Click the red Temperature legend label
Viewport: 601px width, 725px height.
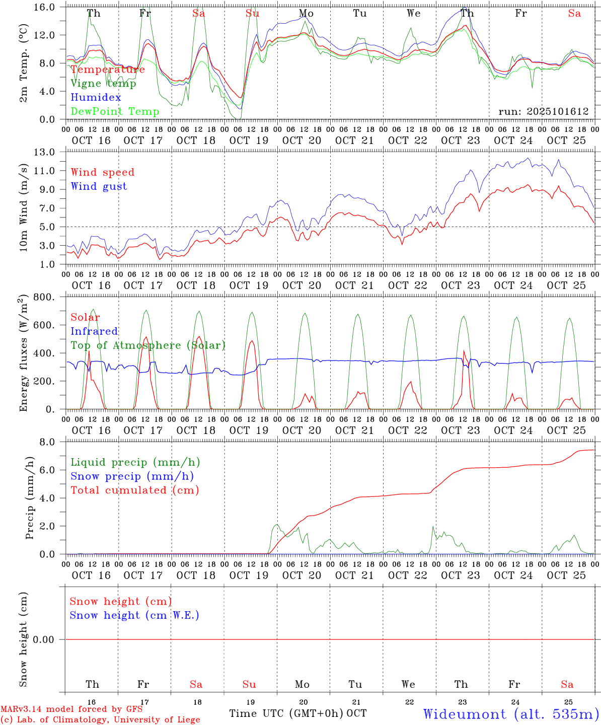click(108, 69)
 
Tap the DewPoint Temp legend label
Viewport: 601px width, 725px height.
click(115, 111)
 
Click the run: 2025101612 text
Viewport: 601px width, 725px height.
click(544, 112)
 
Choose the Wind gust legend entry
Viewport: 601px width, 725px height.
click(99, 186)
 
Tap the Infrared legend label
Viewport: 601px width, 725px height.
click(94, 331)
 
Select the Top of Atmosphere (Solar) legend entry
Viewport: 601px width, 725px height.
click(148, 345)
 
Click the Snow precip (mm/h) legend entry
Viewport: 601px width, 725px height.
click(132, 476)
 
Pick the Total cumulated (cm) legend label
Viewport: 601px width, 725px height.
click(135, 490)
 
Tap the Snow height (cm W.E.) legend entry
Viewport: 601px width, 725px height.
click(134, 615)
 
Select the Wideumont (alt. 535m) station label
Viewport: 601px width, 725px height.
click(511, 714)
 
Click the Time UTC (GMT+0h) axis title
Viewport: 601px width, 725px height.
click(286, 713)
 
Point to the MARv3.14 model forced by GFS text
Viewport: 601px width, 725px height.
click(71, 709)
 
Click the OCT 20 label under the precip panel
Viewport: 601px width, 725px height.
click(302, 575)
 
